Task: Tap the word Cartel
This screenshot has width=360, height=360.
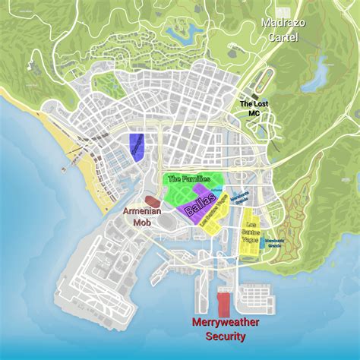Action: [283, 36]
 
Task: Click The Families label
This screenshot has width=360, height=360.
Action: [188, 179]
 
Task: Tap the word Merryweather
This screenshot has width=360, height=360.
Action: [225, 323]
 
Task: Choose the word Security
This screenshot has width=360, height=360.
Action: [225, 336]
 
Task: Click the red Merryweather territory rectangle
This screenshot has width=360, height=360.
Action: [223, 303]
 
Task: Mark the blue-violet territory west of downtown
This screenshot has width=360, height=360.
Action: [137, 144]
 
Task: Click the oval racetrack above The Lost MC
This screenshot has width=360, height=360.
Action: [263, 78]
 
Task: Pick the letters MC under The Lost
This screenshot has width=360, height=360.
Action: [255, 112]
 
